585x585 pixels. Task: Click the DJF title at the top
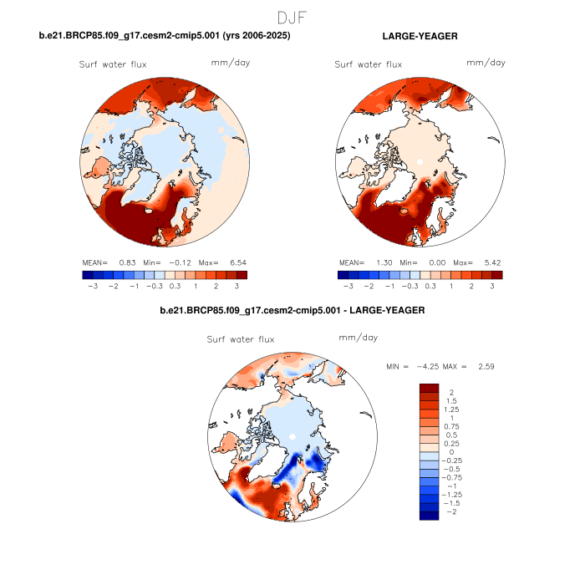coord(292,17)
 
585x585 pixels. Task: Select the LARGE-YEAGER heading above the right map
coord(420,37)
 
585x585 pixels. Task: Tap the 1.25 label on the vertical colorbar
coord(453,410)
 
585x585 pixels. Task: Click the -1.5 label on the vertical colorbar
coord(452,505)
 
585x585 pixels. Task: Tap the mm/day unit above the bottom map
coord(358,338)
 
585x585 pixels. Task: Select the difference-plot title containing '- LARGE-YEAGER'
coord(292,310)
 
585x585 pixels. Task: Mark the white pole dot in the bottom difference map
coord(292,436)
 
